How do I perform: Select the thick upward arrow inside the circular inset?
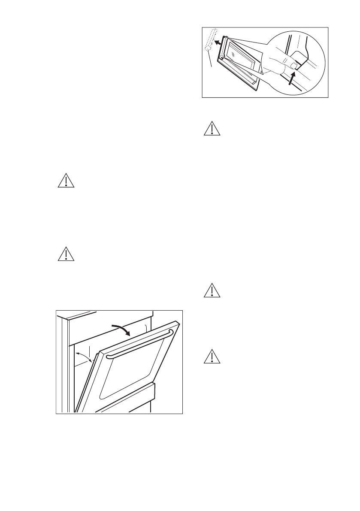(293, 79)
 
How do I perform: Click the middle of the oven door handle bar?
(139, 344)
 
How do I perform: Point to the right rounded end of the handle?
(170, 333)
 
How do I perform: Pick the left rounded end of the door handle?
(109, 356)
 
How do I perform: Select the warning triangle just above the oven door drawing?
(66, 254)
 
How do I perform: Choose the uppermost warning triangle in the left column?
(66, 181)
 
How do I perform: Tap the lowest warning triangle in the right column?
(211, 357)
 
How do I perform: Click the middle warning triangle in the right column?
(211, 290)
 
